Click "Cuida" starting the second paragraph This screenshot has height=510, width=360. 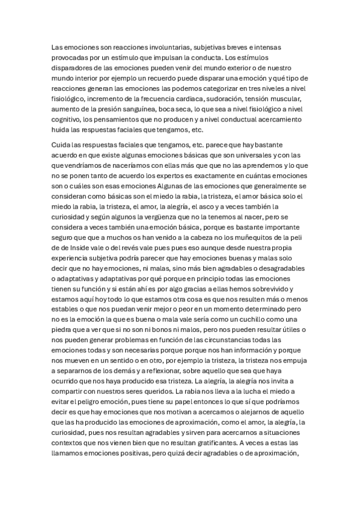pos(62,145)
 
